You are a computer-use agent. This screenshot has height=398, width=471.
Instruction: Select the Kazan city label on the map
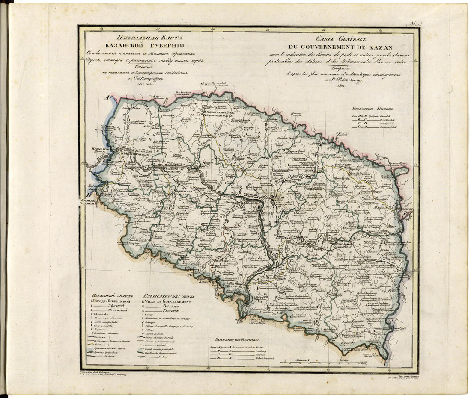277,199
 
